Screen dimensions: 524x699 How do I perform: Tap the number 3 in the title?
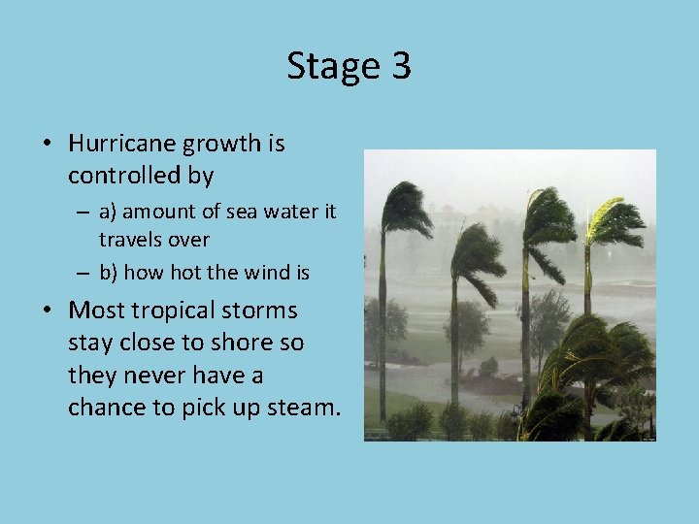(x=401, y=66)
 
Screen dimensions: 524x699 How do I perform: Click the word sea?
(x=262, y=212)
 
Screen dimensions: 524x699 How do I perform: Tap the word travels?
(x=130, y=239)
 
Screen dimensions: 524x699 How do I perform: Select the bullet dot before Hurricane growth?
(x=47, y=145)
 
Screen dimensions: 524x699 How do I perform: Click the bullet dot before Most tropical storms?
(x=47, y=311)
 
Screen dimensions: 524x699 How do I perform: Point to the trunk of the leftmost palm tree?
(x=383, y=320)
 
